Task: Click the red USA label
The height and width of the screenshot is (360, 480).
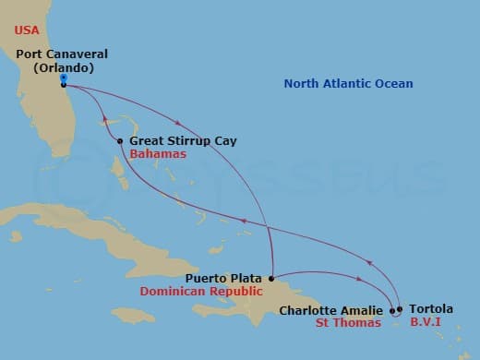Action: [27, 30]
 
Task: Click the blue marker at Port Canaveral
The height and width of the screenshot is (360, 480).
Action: [62, 78]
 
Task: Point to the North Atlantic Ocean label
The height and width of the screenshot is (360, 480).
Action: [348, 84]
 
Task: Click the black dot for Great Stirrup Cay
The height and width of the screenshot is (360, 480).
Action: [121, 141]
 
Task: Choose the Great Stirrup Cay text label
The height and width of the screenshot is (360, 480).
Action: [183, 141]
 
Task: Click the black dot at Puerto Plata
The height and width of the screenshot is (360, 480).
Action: [271, 277]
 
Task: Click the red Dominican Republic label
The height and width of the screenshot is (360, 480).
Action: [198, 291]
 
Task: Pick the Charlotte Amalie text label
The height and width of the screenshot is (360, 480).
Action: [331, 311]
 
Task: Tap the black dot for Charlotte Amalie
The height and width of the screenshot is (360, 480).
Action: [392, 310]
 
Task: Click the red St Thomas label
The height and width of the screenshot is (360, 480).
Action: [348, 323]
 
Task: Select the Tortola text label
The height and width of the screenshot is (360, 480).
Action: [429, 310]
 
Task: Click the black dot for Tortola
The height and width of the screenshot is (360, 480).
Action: [400, 309]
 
